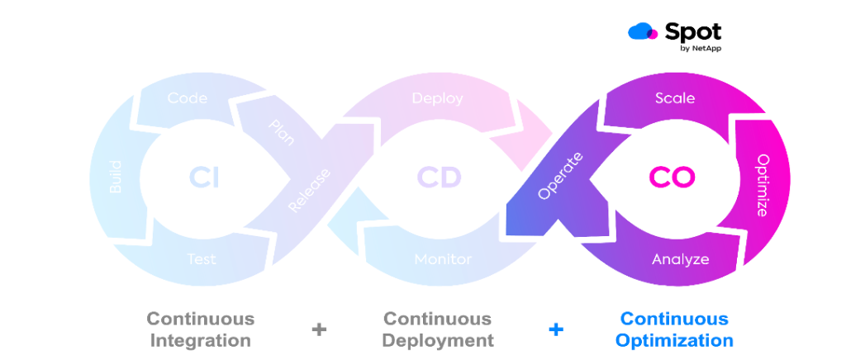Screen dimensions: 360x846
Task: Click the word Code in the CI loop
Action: pos(187,98)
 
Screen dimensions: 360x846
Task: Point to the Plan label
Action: pos(281,133)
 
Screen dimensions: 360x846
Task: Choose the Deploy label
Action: pos(437,98)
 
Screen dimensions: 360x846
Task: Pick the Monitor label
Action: pos(443,258)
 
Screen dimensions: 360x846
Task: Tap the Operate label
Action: pos(560,176)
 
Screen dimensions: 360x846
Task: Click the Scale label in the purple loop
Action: pos(675,98)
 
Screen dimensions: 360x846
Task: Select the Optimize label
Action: pos(763,185)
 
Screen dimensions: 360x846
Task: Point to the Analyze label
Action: pos(680,258)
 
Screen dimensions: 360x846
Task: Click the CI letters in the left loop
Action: pos(203,178)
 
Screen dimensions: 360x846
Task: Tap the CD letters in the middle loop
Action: pos(439,178)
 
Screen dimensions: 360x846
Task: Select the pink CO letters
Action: pos(671,178)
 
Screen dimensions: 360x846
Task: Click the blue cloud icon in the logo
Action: pos(643,32)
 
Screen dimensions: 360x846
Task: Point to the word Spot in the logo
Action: pos(693,31)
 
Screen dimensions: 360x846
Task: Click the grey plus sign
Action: pos(319,329)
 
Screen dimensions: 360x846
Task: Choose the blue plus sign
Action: pos(556,329)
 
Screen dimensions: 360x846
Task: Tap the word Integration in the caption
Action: pos(201,339)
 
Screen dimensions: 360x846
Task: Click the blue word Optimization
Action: pos(674,339)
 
